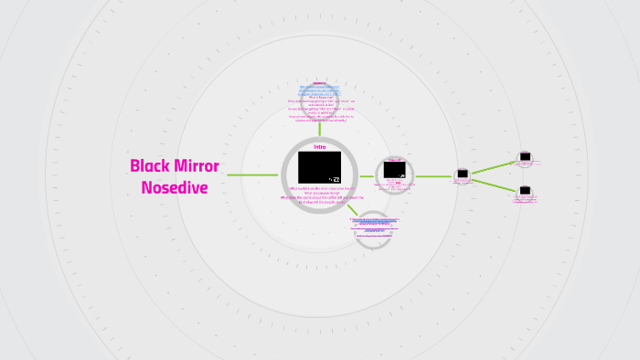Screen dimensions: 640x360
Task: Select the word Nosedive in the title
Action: pos(175,188)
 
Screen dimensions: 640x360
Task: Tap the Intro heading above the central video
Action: pos(319,146)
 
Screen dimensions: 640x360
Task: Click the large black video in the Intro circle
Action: pos(319,167)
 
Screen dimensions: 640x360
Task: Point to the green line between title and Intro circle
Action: pos(252,175)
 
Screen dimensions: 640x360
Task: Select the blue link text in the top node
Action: pos(319,91)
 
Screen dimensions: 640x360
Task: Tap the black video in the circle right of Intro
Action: pos(394,170)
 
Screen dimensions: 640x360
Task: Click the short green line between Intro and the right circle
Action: pos(367,175)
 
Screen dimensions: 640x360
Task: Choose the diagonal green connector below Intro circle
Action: pos(352,209)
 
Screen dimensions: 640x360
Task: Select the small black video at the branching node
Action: pos(463,174)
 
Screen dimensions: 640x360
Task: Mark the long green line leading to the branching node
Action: pos(433,175)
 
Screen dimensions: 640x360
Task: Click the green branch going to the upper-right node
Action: pos(494,166)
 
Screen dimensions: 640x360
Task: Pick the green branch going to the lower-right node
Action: pos(494,185)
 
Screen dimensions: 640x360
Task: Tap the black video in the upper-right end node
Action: pos(525,156)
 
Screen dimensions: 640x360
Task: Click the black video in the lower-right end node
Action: pos(525,192)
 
